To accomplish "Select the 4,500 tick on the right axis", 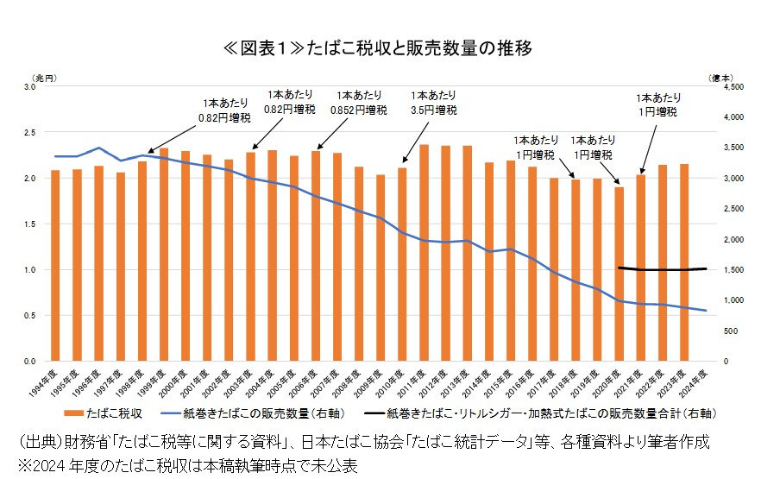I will coord(729,87).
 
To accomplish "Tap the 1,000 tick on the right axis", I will coord(729,300).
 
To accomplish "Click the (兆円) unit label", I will coord(45,77).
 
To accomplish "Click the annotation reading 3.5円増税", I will coord(434,110).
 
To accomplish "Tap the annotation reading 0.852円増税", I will coord(358,110).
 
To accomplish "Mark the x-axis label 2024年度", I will coord(699,378).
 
